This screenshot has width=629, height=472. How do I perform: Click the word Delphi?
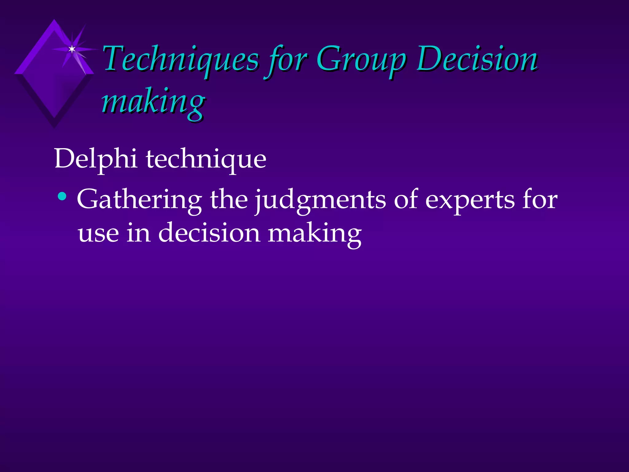[96, 159]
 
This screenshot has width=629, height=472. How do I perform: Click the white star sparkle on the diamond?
[72, 49]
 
